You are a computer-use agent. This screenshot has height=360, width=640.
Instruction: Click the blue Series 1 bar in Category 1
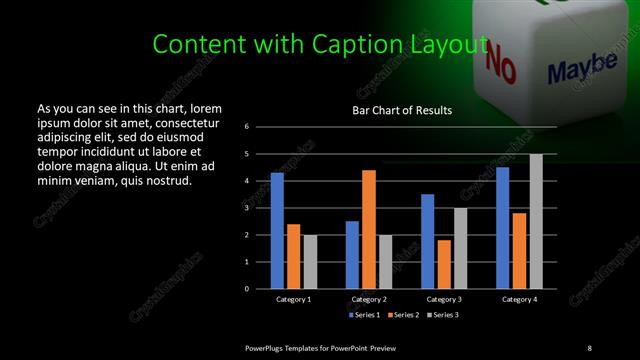[x=277, y=230]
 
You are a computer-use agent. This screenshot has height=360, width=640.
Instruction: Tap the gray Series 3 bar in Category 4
[x=536, y=221]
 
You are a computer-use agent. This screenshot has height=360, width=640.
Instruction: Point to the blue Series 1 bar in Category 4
[x=503, y=228]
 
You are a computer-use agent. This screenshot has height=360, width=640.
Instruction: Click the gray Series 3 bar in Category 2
[x=385, y=262]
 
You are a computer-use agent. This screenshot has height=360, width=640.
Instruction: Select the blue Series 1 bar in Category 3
[x=428, y=241]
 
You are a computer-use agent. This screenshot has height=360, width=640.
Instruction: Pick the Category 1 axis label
[x=293, y=299]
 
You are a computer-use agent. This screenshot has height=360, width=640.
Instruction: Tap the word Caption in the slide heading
[x=364, y=44]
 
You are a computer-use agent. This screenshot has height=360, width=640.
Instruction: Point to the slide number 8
[x=589, y=347]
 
